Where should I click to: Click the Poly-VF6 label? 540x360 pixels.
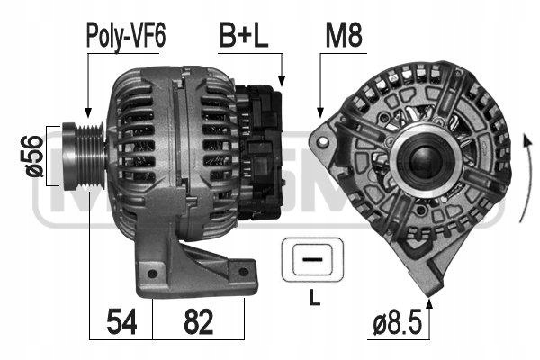[x=126, y=37]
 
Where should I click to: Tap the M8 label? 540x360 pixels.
[x=345, y=37]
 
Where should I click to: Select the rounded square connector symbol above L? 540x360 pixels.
[x=311, y=258]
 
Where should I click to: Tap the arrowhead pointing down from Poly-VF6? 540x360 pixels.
[x=86, y=112]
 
